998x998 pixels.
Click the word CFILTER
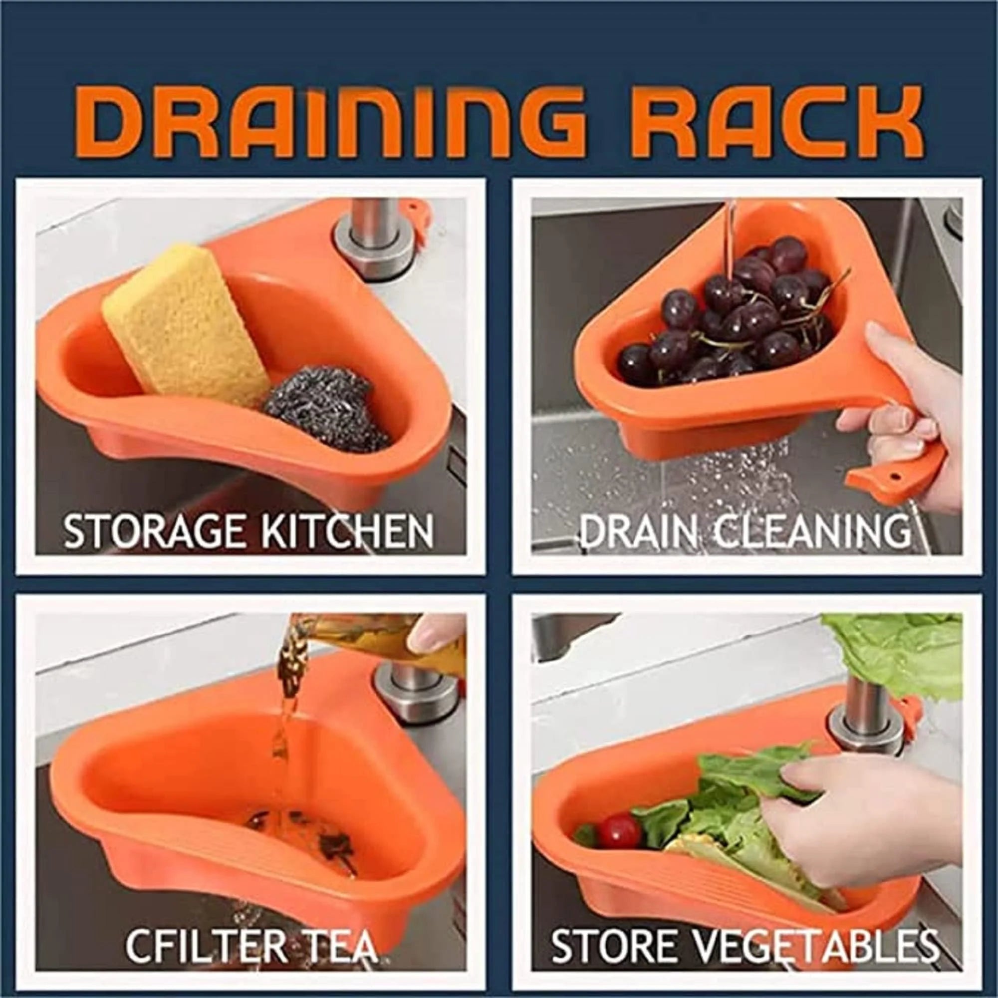[207, 945]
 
